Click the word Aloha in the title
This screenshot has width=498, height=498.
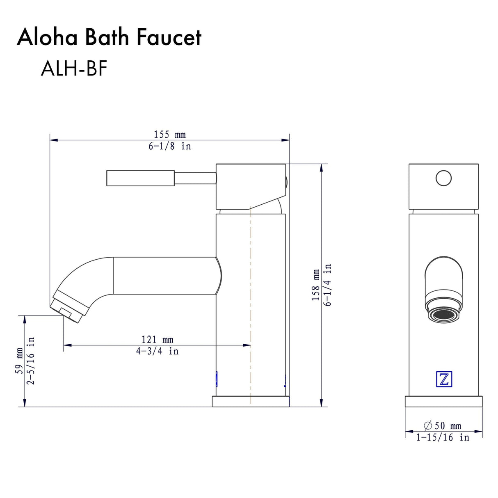point(47,37)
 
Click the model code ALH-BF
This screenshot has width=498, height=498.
point(74,69)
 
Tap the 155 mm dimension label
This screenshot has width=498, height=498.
point(169,135)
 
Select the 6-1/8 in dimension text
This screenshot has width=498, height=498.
point(169,146)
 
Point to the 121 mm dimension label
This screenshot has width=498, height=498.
point(157,340)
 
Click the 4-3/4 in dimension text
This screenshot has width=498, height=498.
point(157,351)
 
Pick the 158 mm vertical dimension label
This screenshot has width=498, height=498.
point(315,285)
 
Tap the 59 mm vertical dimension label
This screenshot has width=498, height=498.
point(19,361)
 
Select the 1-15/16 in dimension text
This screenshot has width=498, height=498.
point(442,438)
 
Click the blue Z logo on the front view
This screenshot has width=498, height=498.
point(443,379)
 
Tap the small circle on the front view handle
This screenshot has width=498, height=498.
point(443,178)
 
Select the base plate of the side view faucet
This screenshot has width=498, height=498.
point(250,402)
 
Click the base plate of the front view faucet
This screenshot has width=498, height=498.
point(443,402)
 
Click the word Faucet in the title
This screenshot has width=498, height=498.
point(169,37)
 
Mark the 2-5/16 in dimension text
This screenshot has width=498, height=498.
point(31,361)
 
